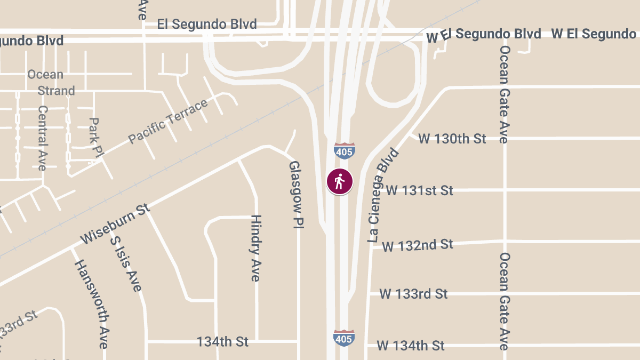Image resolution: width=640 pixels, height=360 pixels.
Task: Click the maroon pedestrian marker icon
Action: tap(340, 182)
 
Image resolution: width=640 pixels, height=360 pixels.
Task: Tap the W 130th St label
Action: tap(452, 139)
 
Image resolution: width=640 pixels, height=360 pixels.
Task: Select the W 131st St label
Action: tap(419, 190)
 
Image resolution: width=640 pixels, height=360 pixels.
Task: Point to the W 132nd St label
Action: tap(418, 245)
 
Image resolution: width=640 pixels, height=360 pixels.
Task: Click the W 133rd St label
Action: tap(413, 294)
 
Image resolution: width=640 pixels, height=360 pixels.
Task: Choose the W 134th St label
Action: tap(411, 346)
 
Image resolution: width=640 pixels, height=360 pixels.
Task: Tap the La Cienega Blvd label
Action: tap(383, 196)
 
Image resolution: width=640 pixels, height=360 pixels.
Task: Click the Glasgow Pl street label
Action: tap(295, 195)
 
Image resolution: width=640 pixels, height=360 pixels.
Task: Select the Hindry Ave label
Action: tap(256, 248)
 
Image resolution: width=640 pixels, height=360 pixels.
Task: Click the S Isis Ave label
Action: tap(126, 264)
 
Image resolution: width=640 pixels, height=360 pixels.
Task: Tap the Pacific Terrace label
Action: tap(168, 121)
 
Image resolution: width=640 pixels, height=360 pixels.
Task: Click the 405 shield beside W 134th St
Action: tap(344, 338)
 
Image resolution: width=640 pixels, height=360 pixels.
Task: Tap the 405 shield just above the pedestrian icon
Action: tap(345, 151)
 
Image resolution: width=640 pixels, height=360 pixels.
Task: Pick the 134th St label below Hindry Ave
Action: tap(222, 341)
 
